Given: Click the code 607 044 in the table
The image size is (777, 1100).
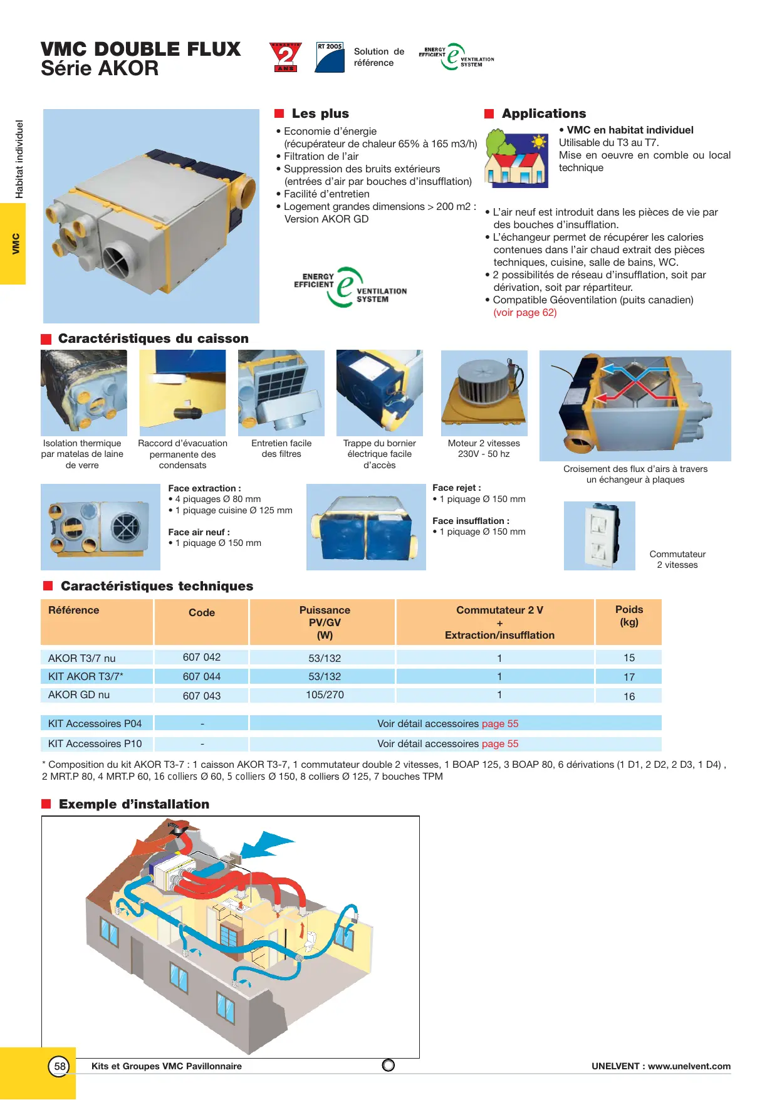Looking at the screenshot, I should tap(202, 676).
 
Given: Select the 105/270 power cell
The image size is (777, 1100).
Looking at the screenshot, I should tap(325, 694).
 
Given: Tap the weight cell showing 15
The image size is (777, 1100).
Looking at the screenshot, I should tap(629, 657).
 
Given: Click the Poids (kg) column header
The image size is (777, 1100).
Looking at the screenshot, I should tap(629, 616).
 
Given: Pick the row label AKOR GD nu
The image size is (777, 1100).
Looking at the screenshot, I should tap(79, 694).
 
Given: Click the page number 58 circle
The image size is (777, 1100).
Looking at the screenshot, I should tap(60, 1066).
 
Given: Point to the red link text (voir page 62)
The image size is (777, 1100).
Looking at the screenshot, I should tap(524, 313).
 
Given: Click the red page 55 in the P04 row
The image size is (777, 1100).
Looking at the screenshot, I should tap(500, 723).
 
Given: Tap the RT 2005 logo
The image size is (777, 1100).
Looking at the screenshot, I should tap(330, 57).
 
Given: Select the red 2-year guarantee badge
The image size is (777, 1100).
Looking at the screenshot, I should tap(286, 57).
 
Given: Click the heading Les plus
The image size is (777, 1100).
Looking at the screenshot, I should tap(320, 113).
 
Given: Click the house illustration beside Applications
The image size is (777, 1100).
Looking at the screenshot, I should tap(516, 159).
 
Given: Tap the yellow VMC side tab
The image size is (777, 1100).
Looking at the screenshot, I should tap(13, 244).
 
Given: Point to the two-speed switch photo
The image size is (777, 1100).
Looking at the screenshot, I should tap(599, 536).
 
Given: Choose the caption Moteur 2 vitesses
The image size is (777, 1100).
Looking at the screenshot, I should tap(484, 443).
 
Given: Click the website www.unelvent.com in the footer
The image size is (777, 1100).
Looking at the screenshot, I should tap(689, 1066).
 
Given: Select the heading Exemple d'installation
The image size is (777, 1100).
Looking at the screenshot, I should tap(134, 804).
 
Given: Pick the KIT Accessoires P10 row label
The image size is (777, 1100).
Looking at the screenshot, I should tap(95, 743).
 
